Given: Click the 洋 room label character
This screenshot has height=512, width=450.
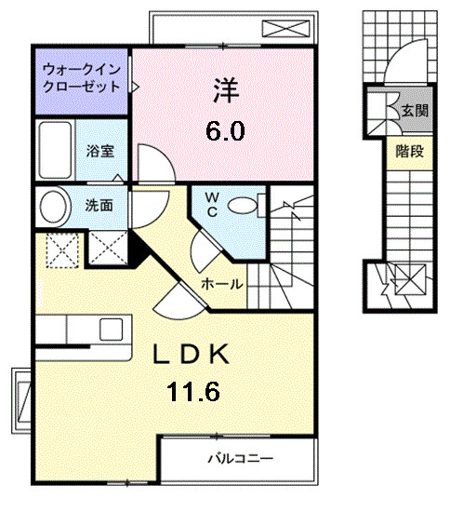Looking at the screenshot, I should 225,91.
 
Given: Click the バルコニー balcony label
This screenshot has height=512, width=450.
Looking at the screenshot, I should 239,458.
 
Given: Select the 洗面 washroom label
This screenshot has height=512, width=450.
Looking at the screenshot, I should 99,205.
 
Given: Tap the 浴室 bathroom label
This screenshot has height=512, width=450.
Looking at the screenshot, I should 99,149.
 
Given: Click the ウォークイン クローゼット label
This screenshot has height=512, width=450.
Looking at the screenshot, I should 81,77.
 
